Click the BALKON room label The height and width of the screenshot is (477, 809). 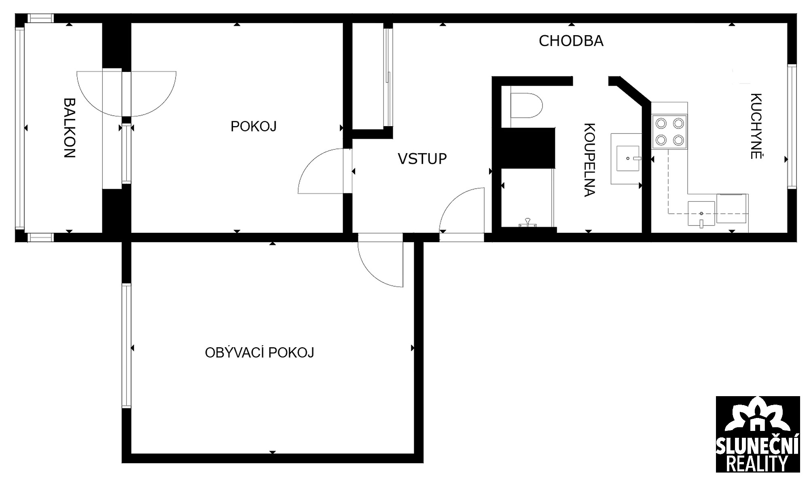tap(70, 128)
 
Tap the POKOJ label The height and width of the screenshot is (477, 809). tap(254, 127)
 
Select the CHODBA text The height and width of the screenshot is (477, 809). tap(571, 41)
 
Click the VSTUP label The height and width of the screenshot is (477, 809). tap(422, 159)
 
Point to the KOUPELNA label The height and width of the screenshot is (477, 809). tap(590, 160)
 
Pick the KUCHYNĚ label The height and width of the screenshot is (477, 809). tap(756, 126)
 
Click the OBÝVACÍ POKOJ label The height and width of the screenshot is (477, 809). tap(260, 352)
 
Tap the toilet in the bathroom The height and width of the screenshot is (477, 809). tap(526, 106)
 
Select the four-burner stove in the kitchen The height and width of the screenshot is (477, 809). tap(669, 131)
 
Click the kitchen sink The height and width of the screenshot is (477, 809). tap(701, 213)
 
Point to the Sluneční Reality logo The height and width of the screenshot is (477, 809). tap(758, 434)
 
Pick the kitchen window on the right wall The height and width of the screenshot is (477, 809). tap(792, 126)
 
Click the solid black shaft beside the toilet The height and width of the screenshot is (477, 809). tap(528, 148)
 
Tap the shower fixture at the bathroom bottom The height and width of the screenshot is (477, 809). tap(527, 223)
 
